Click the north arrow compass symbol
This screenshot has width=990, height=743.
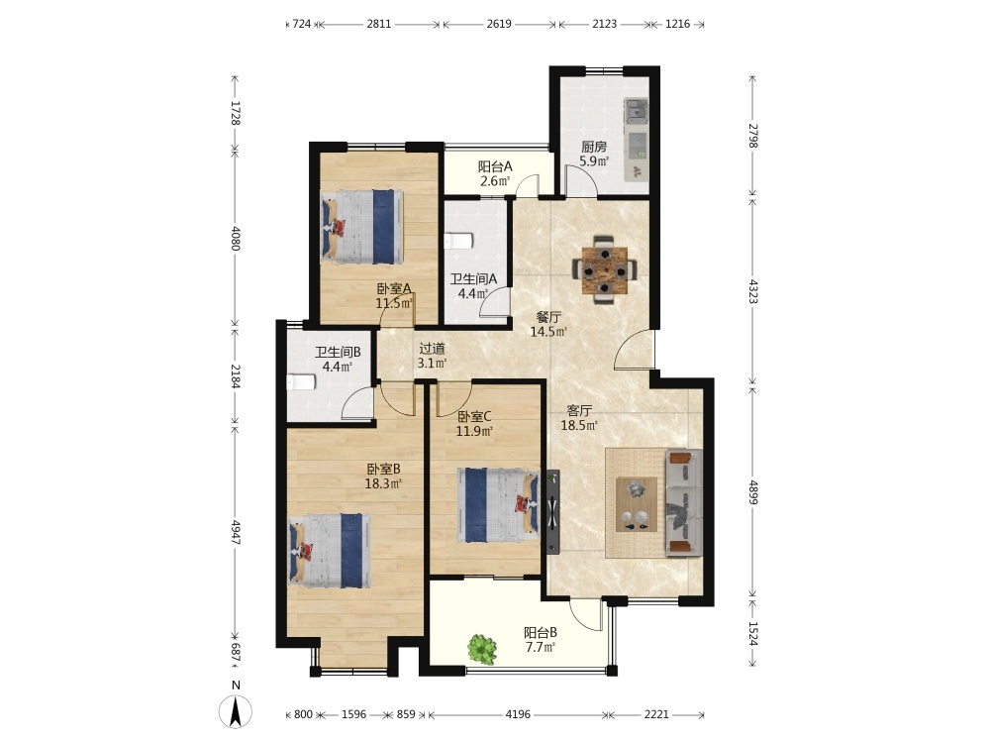coord(236,711)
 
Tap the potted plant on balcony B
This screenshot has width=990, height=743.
coord(482,649)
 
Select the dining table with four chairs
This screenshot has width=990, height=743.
coord(605,269)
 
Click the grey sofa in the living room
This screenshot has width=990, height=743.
coord(684,503)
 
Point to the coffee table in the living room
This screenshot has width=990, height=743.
coord(637,504)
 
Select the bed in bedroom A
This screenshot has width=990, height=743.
coord(361,227)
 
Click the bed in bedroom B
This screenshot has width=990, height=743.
coord(330,550)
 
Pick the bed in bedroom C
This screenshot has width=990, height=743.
coord(498,505)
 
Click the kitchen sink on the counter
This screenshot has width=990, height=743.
coord(637,111)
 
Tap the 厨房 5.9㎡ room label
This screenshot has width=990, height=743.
coord(594,154)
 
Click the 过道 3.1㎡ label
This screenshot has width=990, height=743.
coord(433,356)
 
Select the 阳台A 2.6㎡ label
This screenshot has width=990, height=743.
coord(495,173)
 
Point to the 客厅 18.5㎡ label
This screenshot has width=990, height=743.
coord(579,418)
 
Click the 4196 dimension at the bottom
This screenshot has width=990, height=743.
coord(518,714)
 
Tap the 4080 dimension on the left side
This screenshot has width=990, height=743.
coord(235,238)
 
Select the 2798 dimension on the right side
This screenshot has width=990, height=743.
coord(752,136)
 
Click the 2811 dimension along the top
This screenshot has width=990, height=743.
coord(379,24)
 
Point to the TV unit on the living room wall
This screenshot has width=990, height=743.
coord(553,511)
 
